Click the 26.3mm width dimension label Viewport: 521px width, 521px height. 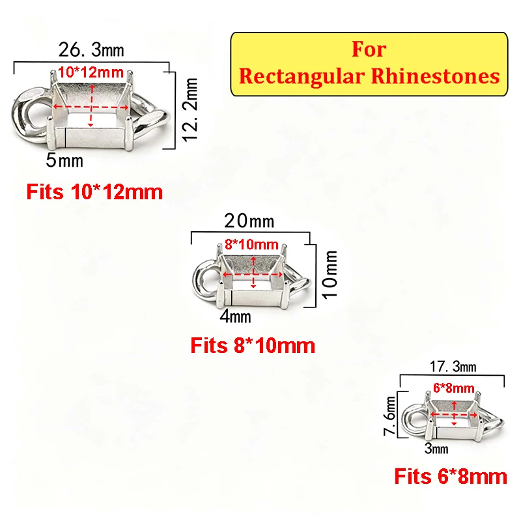tap(91, 50)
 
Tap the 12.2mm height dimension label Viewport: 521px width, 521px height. tap(190, 110)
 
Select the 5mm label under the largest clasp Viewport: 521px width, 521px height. tap(64, 160)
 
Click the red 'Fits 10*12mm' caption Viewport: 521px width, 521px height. tap(94, 192)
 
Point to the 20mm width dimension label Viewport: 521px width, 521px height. tap(249, 221)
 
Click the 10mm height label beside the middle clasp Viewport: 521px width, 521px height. tap(331, 275)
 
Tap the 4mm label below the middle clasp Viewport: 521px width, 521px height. tap(235, 317)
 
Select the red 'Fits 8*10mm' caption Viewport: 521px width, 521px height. tap(253, 346)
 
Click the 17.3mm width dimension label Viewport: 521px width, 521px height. tap(453, 367)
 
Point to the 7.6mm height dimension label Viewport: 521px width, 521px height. tap(389, 415)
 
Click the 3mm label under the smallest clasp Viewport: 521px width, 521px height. tap(436, 449)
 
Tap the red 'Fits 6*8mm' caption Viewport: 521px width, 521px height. tap(451, 477)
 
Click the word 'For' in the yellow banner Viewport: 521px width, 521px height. tap(369, 49)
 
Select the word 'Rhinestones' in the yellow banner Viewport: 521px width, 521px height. tap(435, 76)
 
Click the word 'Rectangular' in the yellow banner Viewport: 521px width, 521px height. tap(302, 77)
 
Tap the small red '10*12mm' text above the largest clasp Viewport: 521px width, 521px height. tap(91, 72)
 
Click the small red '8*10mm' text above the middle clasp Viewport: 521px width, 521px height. tap(251, 245)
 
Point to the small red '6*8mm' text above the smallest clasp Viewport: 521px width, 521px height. tap(454, 387)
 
